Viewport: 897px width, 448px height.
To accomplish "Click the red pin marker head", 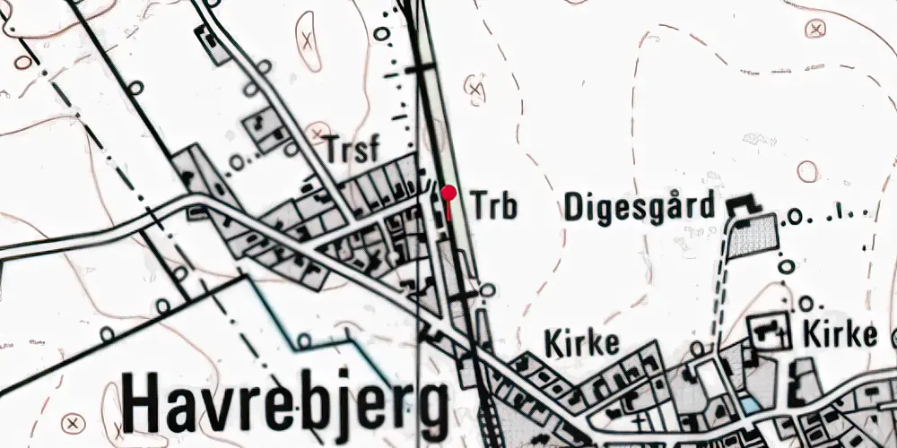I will pyautogui.click(x=448, y=191).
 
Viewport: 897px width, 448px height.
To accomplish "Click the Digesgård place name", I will pyautogui.click(x=640, y=208).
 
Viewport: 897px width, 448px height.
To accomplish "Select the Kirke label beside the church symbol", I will pyautogui.click(x=840, y=334).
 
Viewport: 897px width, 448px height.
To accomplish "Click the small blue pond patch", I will pyautogui.click(x=747, y=405).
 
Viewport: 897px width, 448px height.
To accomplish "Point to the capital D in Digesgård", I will pyautogui.click(x=575, y=207).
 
